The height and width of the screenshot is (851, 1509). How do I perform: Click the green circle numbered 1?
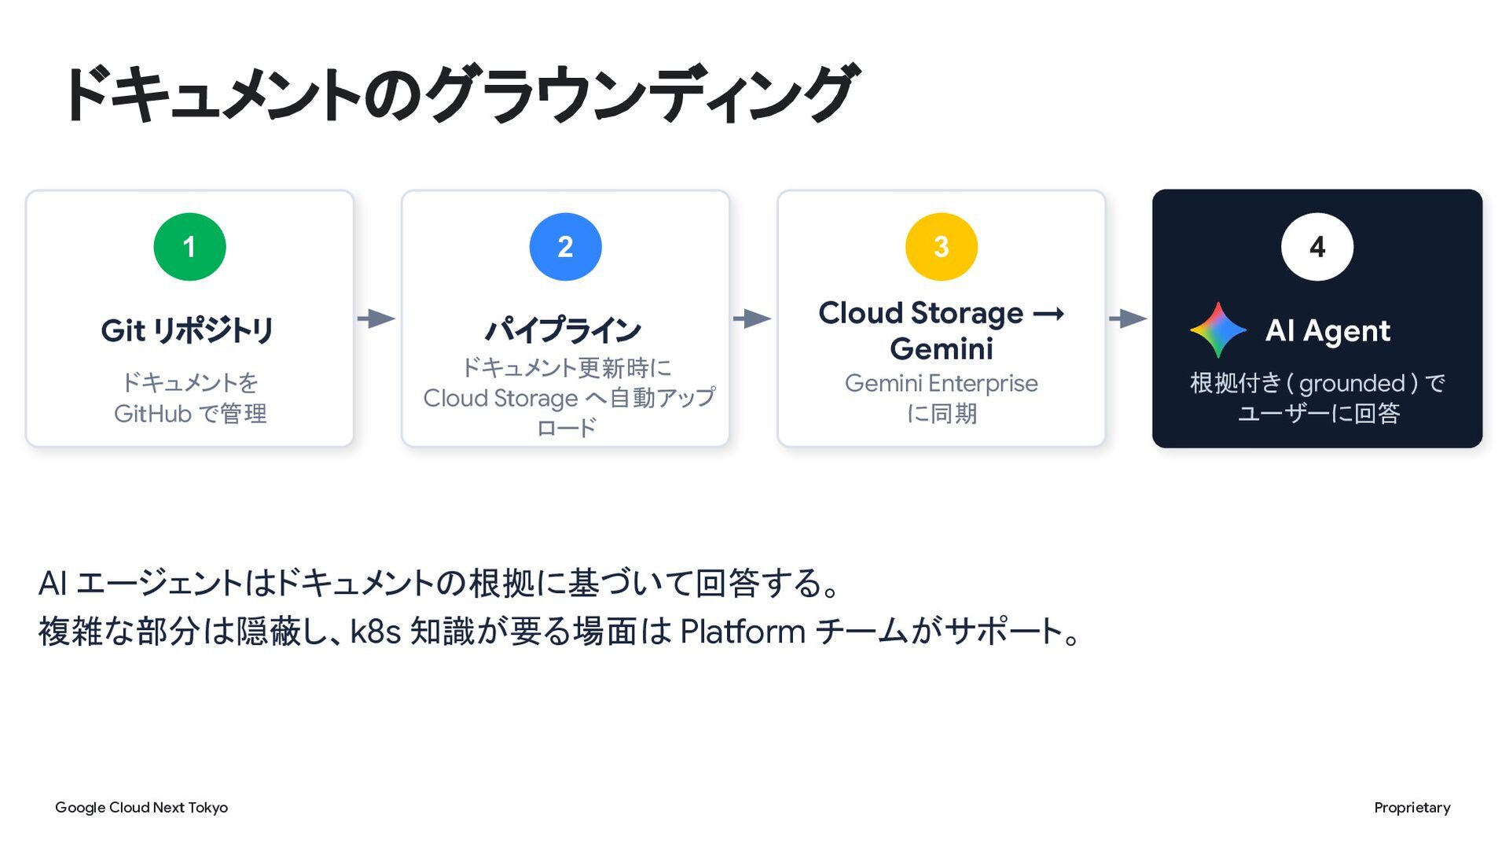coord(189,247)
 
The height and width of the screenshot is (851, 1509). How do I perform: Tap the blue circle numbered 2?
coord(565,247)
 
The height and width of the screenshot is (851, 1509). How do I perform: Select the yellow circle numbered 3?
coord(941,247)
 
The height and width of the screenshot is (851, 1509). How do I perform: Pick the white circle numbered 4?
coord(1317,247)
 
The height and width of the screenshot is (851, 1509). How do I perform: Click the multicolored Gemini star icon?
coord(1218,330)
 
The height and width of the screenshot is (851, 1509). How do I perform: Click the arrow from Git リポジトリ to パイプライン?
coord(376,319)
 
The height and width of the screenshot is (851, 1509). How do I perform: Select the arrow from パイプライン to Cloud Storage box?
coord(752,319)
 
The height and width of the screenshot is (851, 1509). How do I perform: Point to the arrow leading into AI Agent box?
coord(1128,319)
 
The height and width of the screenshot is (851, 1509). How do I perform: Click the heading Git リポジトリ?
coord(187,330)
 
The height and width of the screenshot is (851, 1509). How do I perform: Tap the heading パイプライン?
coord(563,330)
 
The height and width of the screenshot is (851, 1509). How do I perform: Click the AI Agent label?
coord(1327,331)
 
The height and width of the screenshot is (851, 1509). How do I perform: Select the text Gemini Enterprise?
coord(941,383)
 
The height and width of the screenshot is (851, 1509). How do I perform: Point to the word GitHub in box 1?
coord(152,414)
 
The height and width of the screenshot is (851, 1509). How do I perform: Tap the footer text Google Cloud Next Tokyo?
coord(141,808)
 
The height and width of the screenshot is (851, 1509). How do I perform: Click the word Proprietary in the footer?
coord(1412,808)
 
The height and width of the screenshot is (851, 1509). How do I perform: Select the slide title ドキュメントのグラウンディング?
coord(460,94)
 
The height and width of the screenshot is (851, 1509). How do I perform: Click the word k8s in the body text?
coord(376,632)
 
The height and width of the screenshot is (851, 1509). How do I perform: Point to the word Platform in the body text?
coord(743,632)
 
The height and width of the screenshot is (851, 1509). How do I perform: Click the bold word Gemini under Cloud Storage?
coord(942,348)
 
